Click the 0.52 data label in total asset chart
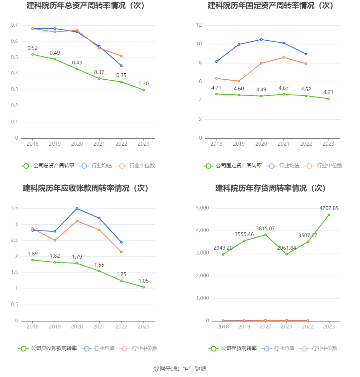(32, 48)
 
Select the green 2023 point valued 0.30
(143, 90)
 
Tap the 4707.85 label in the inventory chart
(329, 208)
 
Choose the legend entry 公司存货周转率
(233, 348)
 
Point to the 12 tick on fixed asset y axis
(199, 25)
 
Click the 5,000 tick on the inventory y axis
(203, 208)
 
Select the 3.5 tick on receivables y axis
(15, 208)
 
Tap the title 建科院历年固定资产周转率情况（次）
(270, 6)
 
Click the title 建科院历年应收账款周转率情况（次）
(86, 188)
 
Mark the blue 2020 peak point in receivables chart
(77, 208)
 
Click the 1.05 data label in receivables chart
(143, 281)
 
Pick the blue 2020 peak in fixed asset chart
(261, 39)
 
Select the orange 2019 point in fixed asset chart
(239, 81)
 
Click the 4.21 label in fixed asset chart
(328, 92)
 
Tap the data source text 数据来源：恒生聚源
(180, 368)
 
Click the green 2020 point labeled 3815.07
(265, 235)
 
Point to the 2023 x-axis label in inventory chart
(329, 327)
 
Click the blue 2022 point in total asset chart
(121, 66)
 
